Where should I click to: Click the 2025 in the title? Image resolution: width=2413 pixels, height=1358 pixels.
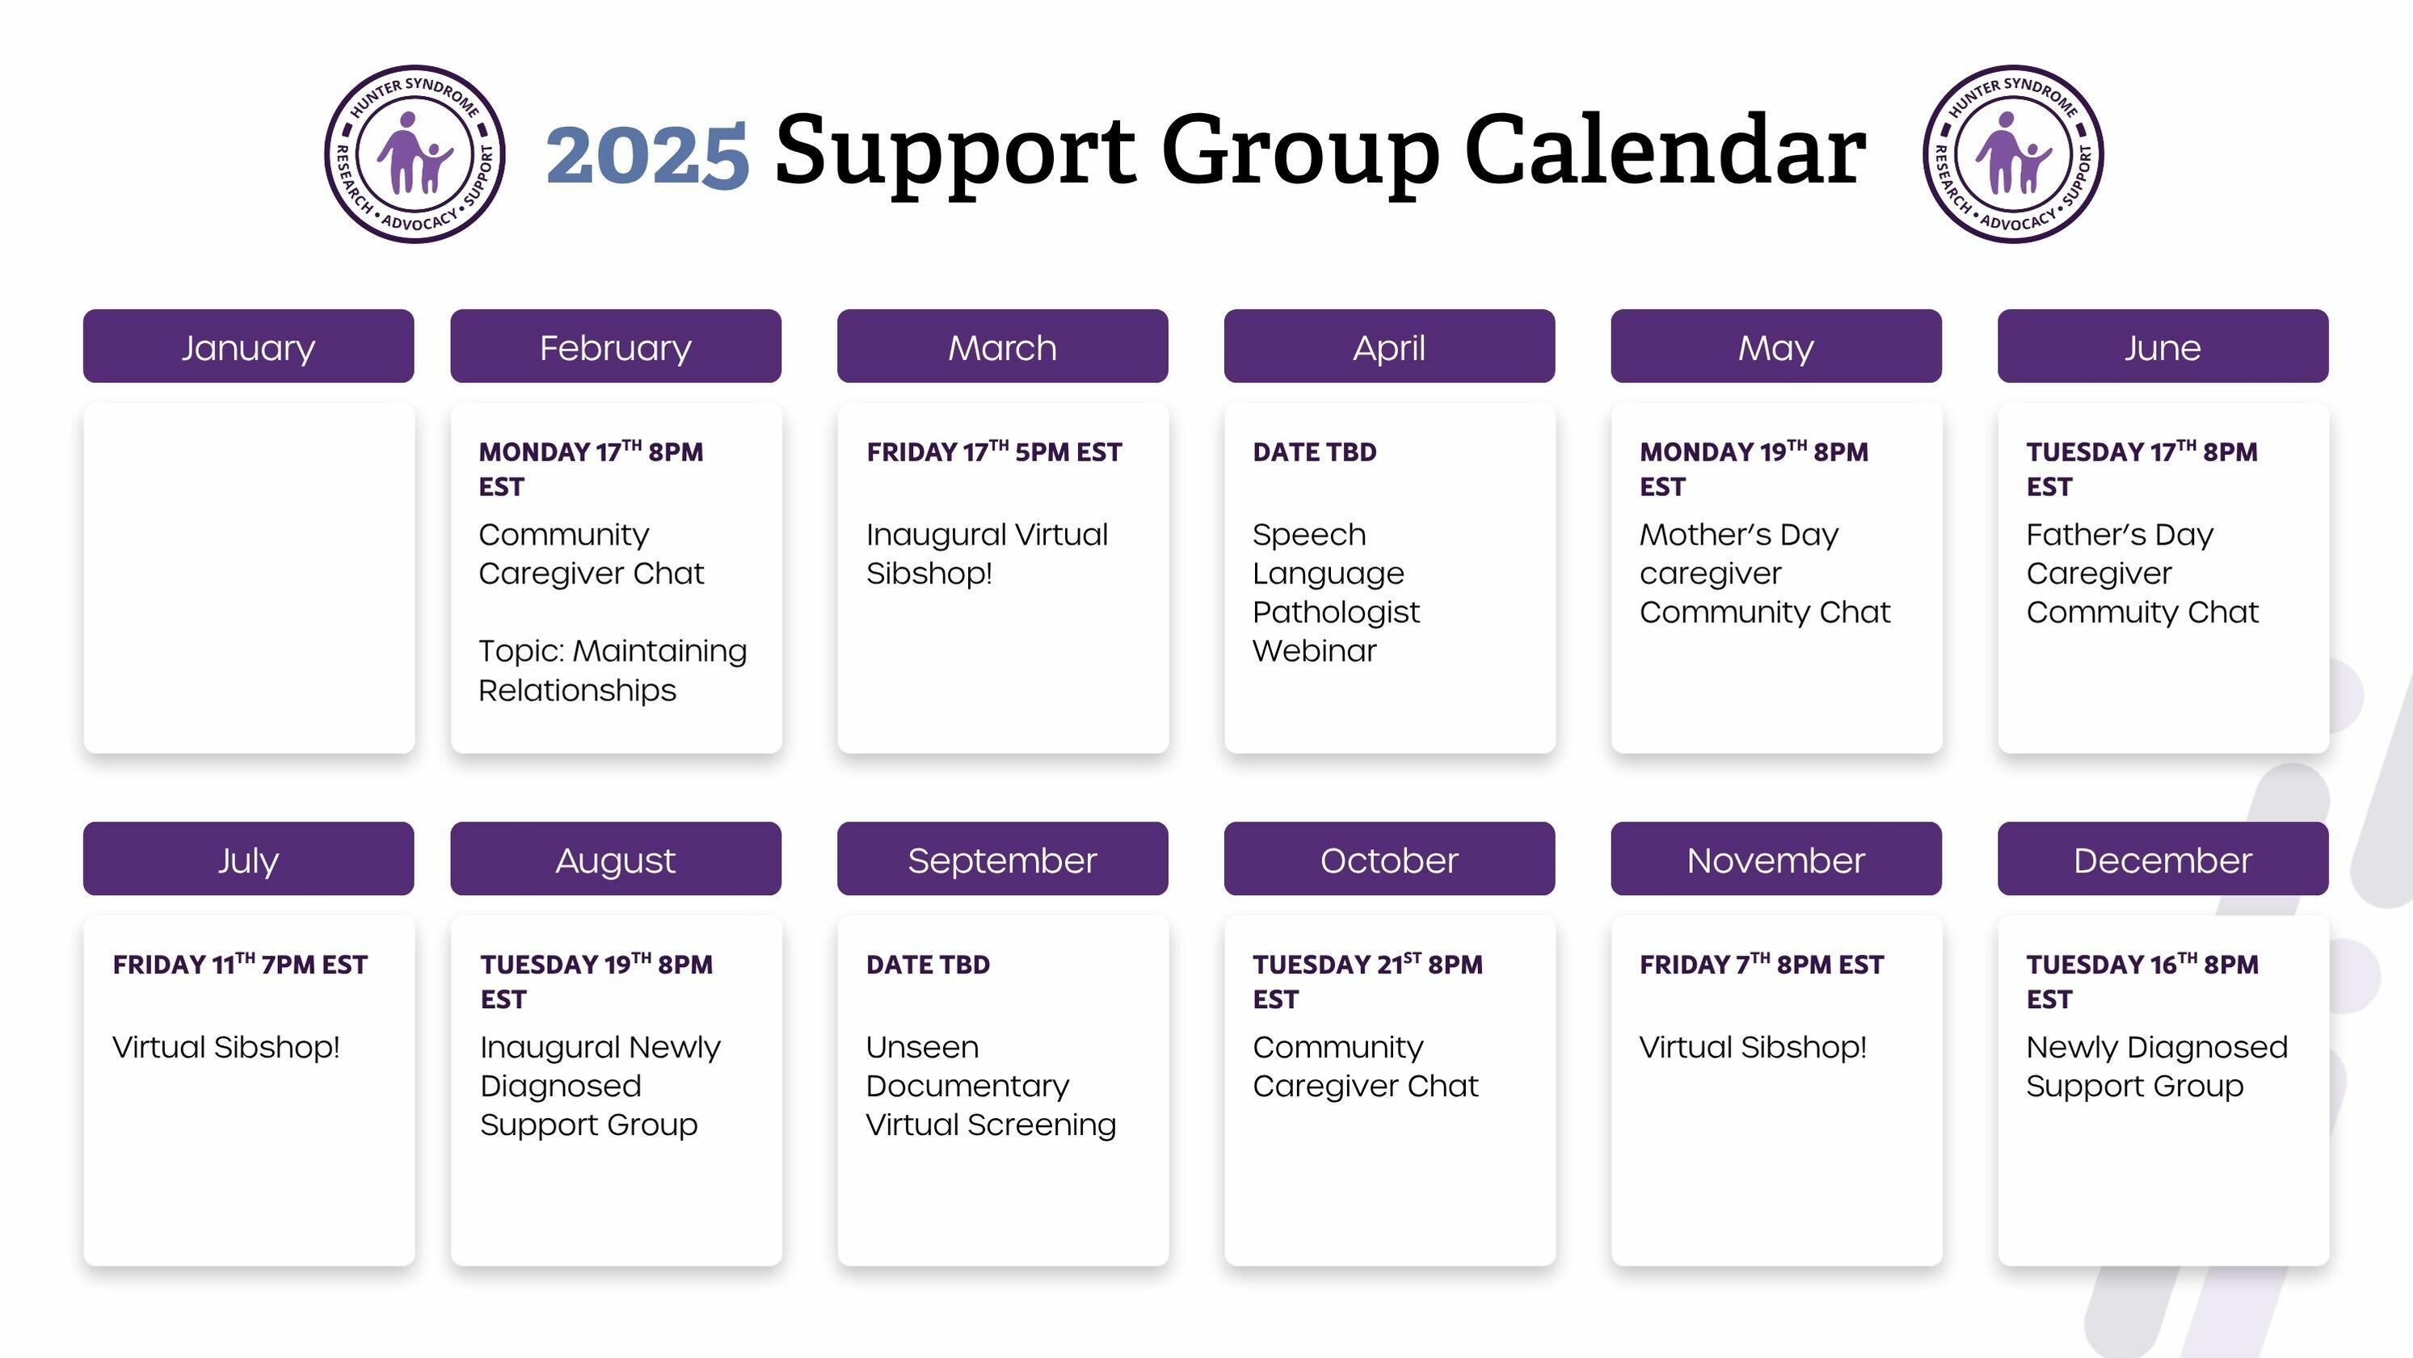pyautogui.click(x=647, y=154)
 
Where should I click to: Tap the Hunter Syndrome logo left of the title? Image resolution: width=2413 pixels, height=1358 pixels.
pyautogui.click(x=415, y=153)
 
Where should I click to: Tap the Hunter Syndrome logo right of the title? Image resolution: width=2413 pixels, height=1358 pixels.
pyautogui.click(x=2014, y=153)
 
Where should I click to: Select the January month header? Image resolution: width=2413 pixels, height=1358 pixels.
pyautogui.click(x=248, y=347)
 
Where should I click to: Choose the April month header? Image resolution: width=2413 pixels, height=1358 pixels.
pyautogui.click(x=1389, y=347)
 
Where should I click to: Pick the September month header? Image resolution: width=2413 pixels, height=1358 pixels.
pyautogui.click(x=1002, y=859)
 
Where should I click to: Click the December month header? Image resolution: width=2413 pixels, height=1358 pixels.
pyautogui.click(x=2163, y=859)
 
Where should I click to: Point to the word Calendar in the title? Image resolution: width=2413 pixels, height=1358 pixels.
pyautogui.click(x=1666, y=149)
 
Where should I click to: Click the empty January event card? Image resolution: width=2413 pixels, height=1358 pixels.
pyautogui.click(x=249, y=578)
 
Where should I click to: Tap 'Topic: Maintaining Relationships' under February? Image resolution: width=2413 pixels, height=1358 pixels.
pyautogui.click(x=613, y=670)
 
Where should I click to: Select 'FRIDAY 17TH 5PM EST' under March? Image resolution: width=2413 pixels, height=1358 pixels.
pyautogui.click(x=994, y=452)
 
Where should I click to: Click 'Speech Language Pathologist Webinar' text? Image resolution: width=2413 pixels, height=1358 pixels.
pyautogui.click(x=1336, y=592)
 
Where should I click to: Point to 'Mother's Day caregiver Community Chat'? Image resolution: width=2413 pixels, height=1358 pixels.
pyautogui.click(x=1765, y=573)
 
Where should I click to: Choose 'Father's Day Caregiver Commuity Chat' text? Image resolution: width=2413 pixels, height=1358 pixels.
pyautogui.click(x=2142, y=573)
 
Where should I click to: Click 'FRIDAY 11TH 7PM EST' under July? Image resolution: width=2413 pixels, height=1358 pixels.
pyautogui.click(x=240, y=964)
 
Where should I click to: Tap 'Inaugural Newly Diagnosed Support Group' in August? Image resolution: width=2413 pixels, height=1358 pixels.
pyautogui.click(x=600, y=1086)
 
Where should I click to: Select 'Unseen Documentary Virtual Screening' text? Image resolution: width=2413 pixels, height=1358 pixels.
pyautogui.click(x=991, y=1086)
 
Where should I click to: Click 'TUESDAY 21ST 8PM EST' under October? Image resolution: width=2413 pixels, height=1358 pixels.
pyautogui.click(x=1367, y=981)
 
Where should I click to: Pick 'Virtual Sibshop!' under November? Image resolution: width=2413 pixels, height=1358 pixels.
pyautogui.click(x=1753, y=1047)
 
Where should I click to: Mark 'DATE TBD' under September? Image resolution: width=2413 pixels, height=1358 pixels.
pyautogui.click(x=928, y=965)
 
